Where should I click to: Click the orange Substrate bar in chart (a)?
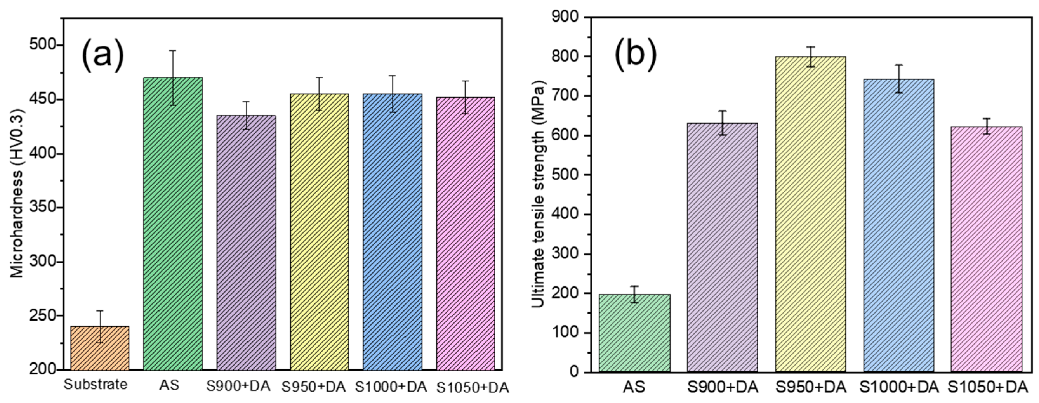pyautogui.click(x=100, y=348)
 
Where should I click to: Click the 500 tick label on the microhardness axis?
pyautogui.click(x=42, y=45)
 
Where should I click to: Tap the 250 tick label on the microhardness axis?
pyautogui.click(x=42, y=315)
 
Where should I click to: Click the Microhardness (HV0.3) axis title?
pyautogui.click(x=17, y=193)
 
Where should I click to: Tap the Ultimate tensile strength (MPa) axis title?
pyautogui.click(x=537, y=193)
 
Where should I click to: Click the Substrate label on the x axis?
pyautogui.click(x=96, y=385)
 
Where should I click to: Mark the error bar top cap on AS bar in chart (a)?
pyautogui.click(x=173, y=51)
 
